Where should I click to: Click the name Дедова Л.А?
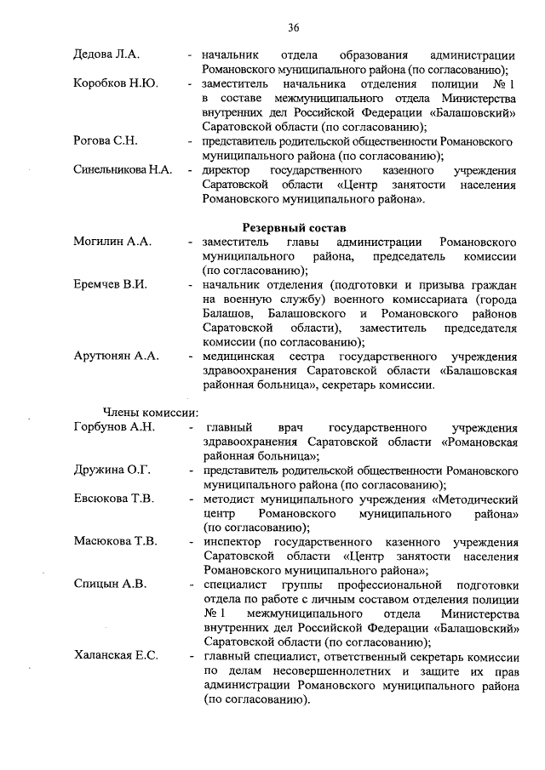pos(106,54)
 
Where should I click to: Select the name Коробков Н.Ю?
pos(114,85)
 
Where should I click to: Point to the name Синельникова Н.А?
pos(123,170)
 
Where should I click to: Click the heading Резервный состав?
pos(295,228)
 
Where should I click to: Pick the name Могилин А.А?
pos(112,242)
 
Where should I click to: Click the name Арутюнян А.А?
pos(117,356)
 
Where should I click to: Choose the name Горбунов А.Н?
pos(114,427)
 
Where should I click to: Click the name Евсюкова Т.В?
pos(114,499)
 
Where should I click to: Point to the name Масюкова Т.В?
pos(117,542)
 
